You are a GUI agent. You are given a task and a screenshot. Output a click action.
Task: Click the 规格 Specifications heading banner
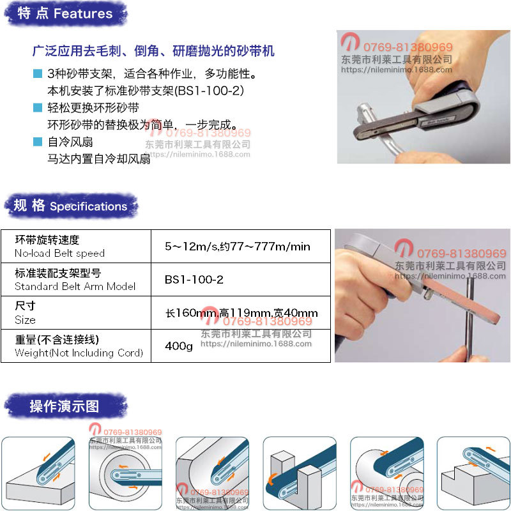pyautogui.click(x=70, y=206)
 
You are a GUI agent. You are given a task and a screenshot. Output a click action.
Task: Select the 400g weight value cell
pyautogui.click(x=179, y=346)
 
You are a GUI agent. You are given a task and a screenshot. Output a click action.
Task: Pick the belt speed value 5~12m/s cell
pyautogui.click(x=238, y=246)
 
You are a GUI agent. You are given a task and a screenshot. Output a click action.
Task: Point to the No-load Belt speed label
pyautogui.click(x=59, y=253)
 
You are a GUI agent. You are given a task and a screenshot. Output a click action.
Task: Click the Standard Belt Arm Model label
pyautogui.click(x=75, y=286)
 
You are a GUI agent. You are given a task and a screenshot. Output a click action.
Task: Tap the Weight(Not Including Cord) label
pyautogui.click(x=79, y=353)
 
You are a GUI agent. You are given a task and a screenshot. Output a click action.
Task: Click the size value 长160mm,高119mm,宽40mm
pyautogui.click(x=241, y=313)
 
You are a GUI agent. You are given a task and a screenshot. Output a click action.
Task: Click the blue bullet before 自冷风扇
pyautogui.click(x=38, y=142)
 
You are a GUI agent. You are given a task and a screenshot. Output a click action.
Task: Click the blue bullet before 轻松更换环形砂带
pyautogui.click(x=38, y=107)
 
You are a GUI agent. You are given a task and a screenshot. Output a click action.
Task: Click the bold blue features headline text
pyautogui.click(x=153, y=50)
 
